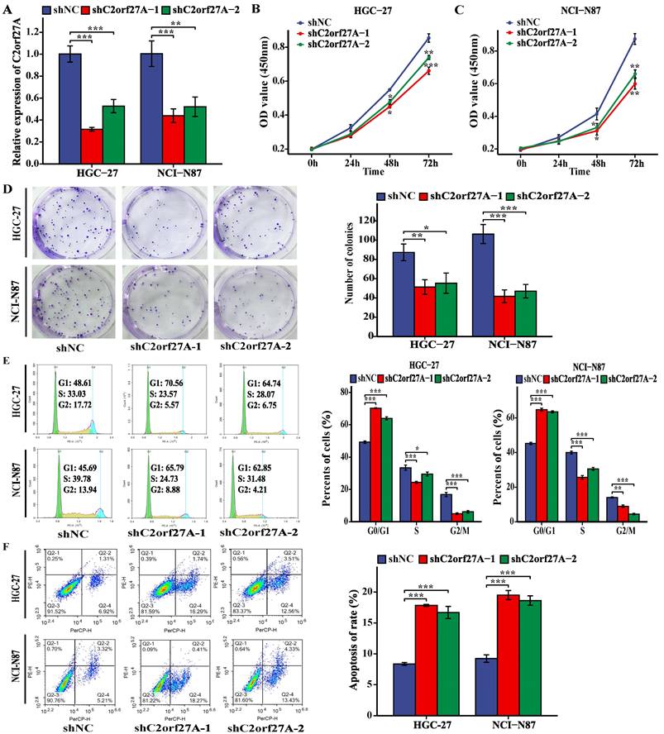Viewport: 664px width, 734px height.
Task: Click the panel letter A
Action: click(8, 12)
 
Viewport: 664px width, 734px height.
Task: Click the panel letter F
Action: click(8, 548)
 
